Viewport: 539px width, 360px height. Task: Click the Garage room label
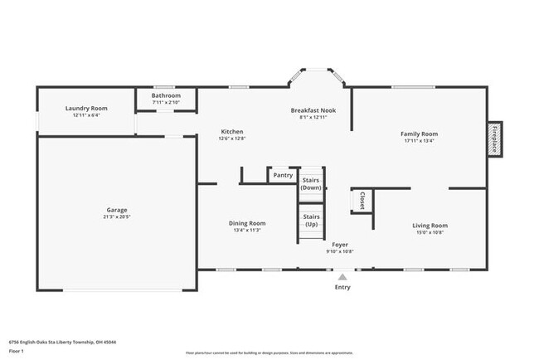pos(116,210)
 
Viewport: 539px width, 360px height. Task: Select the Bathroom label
pos(166,95)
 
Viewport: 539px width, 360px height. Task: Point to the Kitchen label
pos(231,132)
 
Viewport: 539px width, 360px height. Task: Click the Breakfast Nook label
pos(313,110)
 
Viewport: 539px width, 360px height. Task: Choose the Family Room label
pos(419,134)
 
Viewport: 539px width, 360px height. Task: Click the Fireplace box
pos(495,138)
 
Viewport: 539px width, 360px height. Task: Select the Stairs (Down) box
pos(311,183)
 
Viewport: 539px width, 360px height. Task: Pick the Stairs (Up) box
pos(311,221)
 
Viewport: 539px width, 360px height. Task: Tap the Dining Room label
pos(247,222)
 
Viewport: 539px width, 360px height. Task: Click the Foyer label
pos(340,245)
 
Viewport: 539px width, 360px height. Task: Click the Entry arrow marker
pos(342,276)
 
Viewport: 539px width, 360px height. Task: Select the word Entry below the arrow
pos(342,287)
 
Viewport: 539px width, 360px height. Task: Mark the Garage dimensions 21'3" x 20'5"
pos(116,217)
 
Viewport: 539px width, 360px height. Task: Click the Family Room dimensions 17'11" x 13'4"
pos(419,141)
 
